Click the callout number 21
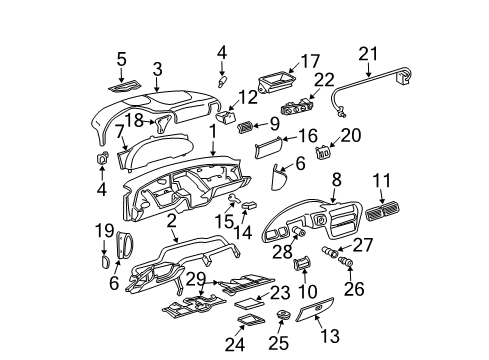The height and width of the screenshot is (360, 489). [x=369, y=54]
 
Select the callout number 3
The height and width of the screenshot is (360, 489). [x=156, y=68]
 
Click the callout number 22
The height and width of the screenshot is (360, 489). [x=324, y=80]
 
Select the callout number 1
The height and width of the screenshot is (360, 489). [x=211, y=131]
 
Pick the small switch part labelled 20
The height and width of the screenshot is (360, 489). [x=323, y=153]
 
